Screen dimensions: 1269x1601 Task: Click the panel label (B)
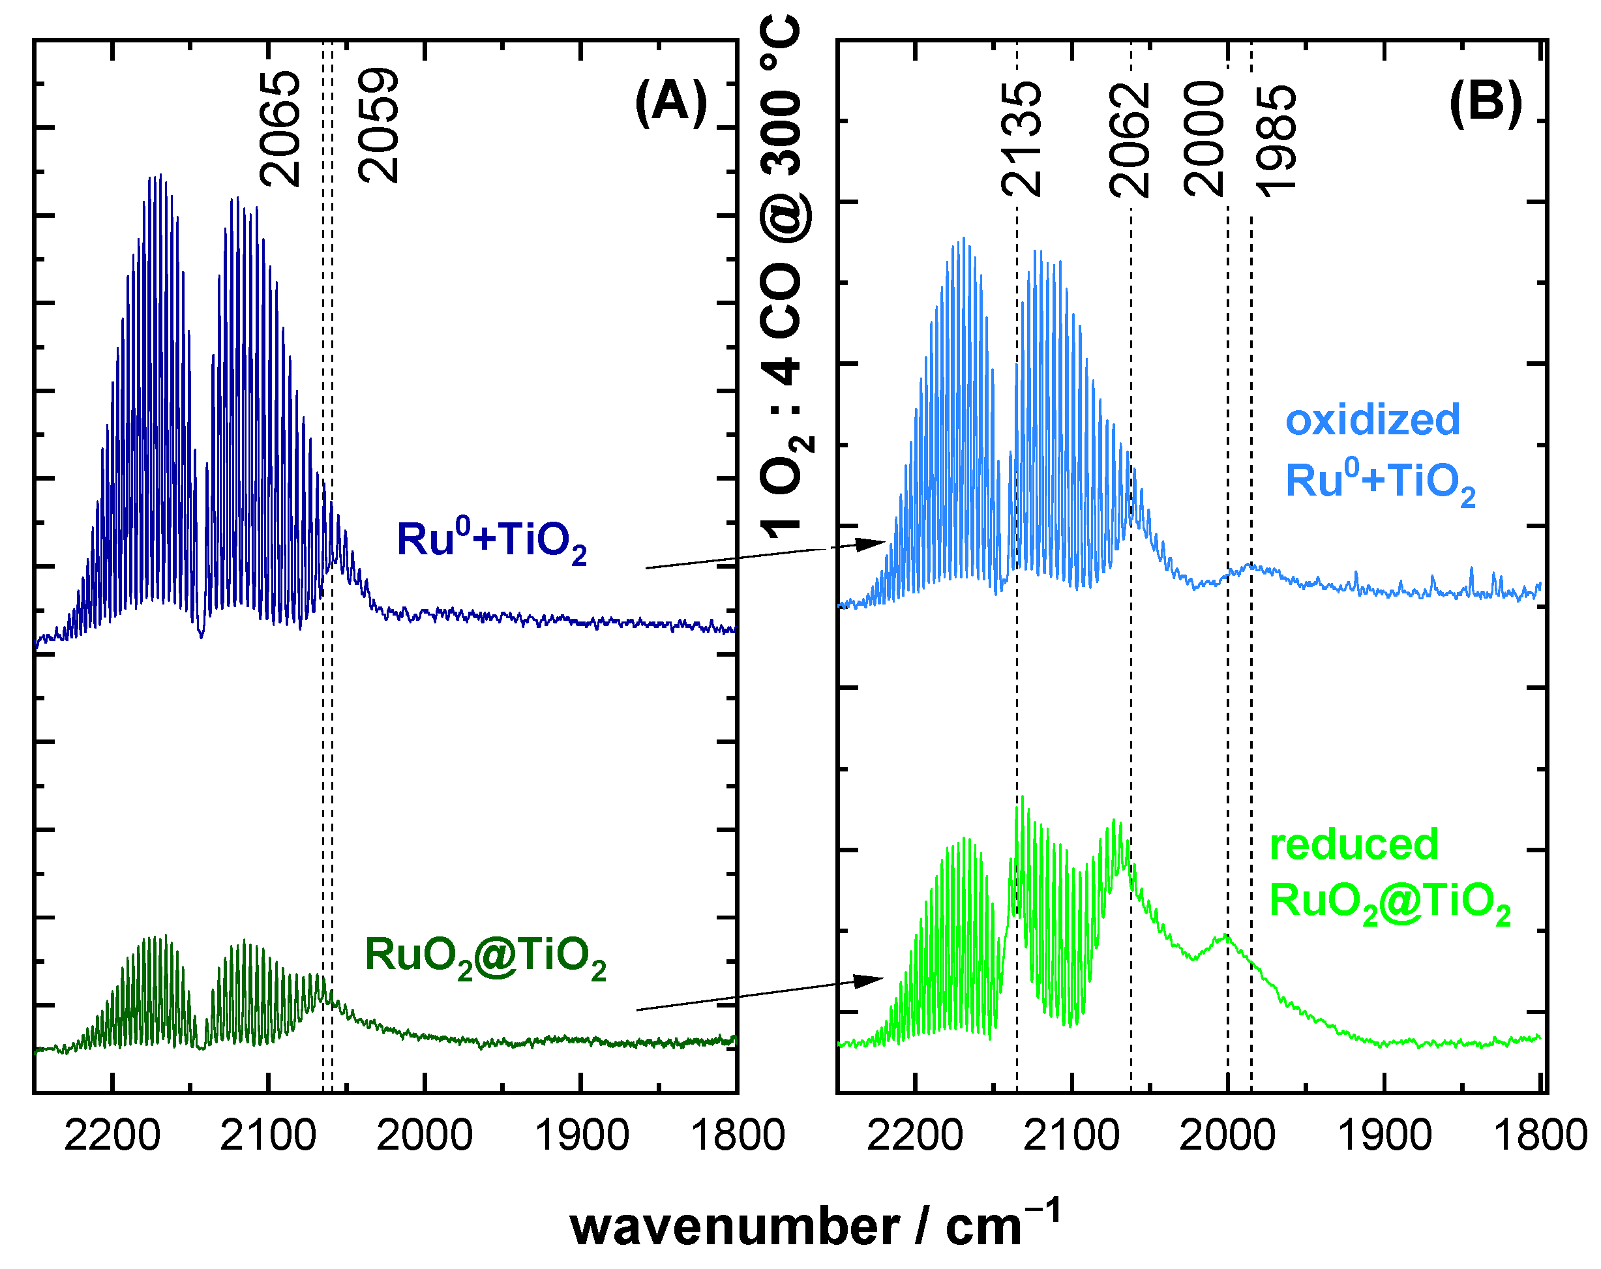pyautogui.click(x=1485, y=102)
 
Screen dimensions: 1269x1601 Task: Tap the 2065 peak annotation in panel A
pyautogui.click(x=280, y=128)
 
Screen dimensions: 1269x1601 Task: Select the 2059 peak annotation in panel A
pyautogui.click(x=379, y=127)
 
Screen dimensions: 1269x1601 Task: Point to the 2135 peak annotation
pyautogui.click(x=1022, y=139)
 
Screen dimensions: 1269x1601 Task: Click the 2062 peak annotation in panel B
pyautogui.click(x=1130, y=140)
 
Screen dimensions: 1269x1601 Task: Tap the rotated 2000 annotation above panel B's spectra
pyautogui.click(x=1204, y=139)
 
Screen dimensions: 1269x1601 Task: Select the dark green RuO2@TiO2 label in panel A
pyautogui.click(x=485, y=957)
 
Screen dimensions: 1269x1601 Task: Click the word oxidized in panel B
pyautogui.click(x=1373, y=420)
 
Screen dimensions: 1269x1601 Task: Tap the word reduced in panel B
pyautogui.click(x=1354, y=844)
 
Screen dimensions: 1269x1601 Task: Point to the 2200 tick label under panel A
pyautogui.click(x=112, y=1136)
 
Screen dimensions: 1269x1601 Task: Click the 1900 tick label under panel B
pyautogui.click(x=1384, y=1136)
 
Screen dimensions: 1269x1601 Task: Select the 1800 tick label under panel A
pyautogui.click(x=738, y=1136)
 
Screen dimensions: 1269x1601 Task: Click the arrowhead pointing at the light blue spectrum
pyautogui.click(x=871, y=545)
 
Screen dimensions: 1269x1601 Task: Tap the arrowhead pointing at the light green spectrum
pyautogui.click(x=868, y=981)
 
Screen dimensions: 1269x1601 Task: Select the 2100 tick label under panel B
pyautogui.click(x=1071, y=1136)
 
